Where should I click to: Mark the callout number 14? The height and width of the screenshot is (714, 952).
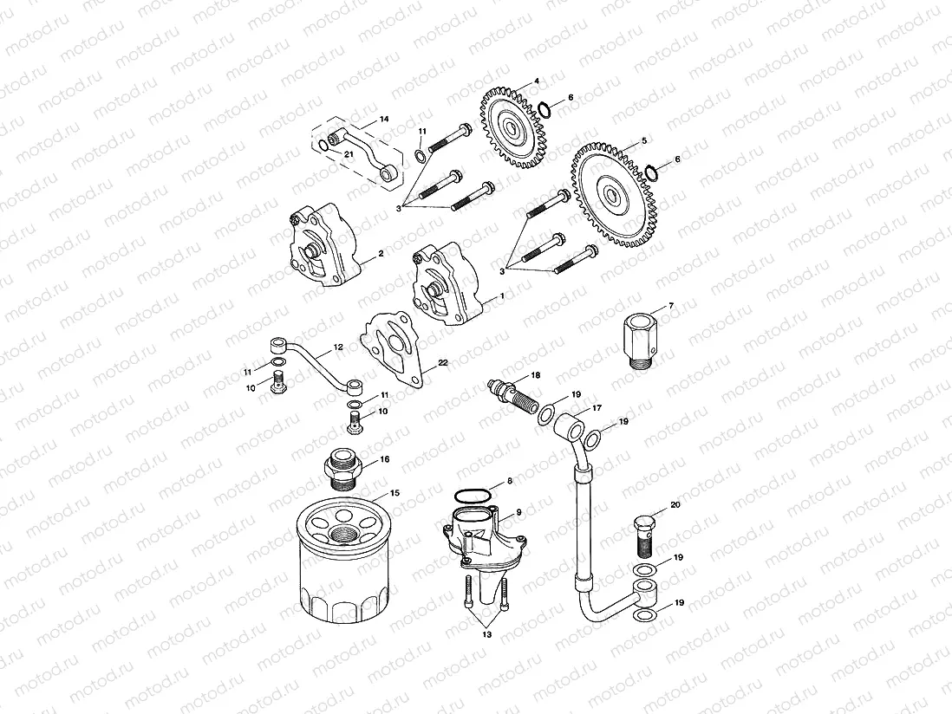point(384,119)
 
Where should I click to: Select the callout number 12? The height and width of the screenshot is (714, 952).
point(338,347)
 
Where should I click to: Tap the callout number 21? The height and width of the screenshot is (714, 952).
point(349,153)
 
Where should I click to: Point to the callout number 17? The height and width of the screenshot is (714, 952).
point(597,409)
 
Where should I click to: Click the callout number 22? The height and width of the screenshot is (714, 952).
point(442,364)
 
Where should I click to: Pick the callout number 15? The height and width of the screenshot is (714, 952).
point(394,492)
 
